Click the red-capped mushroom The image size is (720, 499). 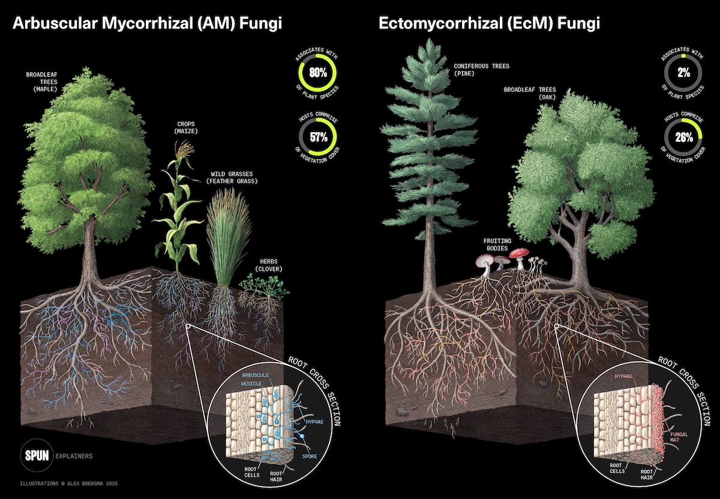[x=517, y=253]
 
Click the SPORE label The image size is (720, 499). [x=310, y=456]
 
